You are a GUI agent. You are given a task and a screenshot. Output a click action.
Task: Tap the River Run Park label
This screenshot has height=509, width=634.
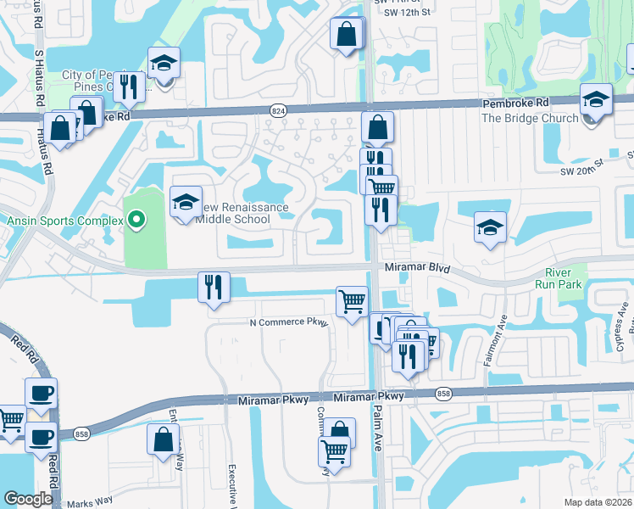pyautogui.click(x=559, y=278)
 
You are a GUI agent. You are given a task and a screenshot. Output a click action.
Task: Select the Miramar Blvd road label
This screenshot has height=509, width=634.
pyautogui.click(x=414, y=267)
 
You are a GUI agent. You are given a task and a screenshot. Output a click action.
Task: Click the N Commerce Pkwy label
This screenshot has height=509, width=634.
pyautogui.click(x=287, y=322)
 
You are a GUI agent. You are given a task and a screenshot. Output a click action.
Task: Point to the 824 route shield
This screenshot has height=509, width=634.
pyautogui.click(x=278, y=111)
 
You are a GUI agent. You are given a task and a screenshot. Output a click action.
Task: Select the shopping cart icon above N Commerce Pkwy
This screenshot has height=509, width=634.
pyautogui.click(x=353, y=301)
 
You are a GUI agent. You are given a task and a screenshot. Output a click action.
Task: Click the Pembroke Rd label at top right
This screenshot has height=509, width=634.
pyautogui.click(x=517, y=103)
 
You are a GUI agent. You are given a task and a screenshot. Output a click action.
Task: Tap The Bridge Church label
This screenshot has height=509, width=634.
pyautogui.click(x=530, y=118)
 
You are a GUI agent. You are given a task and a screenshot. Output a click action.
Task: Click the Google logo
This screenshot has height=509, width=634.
pyautogui.click(x=28, y=499)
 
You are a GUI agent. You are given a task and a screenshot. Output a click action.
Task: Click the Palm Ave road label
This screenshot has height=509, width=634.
pyautogui.click(x=379, y=433)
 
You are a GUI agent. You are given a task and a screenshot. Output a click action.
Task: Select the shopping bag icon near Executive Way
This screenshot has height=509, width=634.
pyautogui.click(x=163, y=440)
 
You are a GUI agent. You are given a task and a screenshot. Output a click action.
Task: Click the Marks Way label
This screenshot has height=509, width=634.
pyautogui.click(x=89, y=501)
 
